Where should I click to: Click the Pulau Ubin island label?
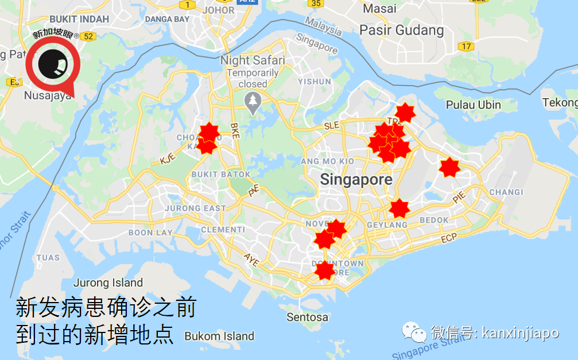(x=474, y=105)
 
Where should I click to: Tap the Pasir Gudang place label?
(x=401, y=30)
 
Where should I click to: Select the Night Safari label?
(x=253, y=60)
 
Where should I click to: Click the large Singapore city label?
(x=356, y=180)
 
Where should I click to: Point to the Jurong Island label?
(x=108, y=283)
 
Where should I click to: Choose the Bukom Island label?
(x=219, y=336)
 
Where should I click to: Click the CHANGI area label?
(x=506, y=192)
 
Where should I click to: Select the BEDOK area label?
(x=434, y=220)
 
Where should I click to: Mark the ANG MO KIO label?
(x=327, y=161)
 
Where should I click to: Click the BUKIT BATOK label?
(x=221, y=175)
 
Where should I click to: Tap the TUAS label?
(x=48, y=258)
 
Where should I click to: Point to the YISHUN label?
(x=315, y=82)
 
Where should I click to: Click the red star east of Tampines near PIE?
(x=449, y=168)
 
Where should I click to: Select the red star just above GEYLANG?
(x=399, y=208)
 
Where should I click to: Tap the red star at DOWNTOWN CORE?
(x=325, y=270)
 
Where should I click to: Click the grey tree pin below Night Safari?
(x=252, y=102)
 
